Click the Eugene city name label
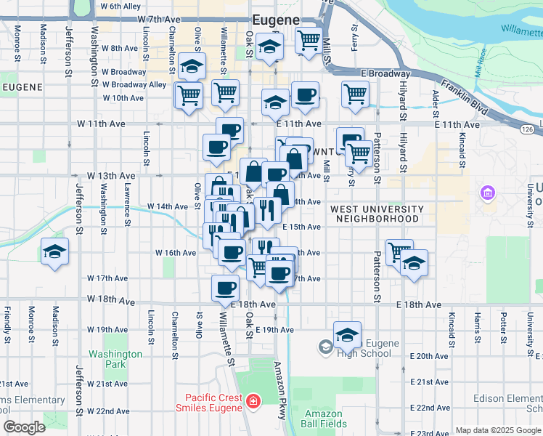pyautogui.click(x=277, y=20)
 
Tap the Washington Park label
pyautogui.click(x=115, y=359)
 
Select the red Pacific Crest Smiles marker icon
pyautogui.click(x=253, y=402)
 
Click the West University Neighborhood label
pyautogui.click(x=375, y=214)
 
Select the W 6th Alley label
pyautogui.click(x=121, y=6)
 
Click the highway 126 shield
pyautogui.click(x=528, y=129)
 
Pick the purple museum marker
pyautogui.click(x=487, y=193)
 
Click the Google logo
pyautogui.click(x=24, y=427)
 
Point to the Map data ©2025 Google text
pyautogui.click(x=498, y=430)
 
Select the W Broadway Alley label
pyautogui.click(x=139, y=85)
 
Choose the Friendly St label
pyautogui.click(x=7, y=326)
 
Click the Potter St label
pyautogui.click(x=503, y=325)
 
